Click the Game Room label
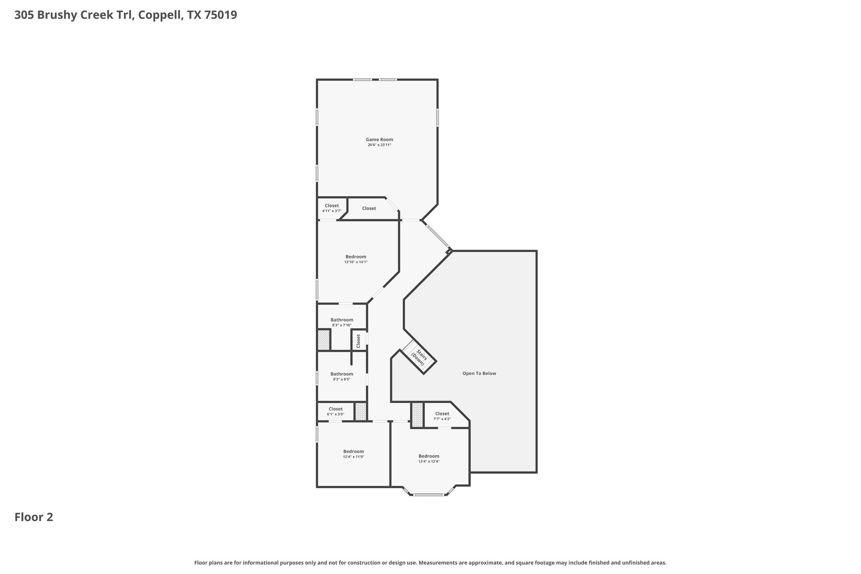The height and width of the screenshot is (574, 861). (379, 140)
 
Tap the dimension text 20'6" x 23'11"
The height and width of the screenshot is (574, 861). (379, 145)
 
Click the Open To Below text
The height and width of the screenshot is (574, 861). (479, 373)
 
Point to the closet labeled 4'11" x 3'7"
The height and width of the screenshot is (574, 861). (332, 208)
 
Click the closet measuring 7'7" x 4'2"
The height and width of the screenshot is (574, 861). (442, 416)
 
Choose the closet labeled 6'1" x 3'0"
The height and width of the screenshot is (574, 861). (335, 411)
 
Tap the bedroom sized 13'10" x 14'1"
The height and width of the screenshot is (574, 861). (356, 259)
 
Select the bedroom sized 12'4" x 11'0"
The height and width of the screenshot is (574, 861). (353, 454)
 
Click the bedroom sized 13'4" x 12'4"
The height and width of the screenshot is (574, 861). (429, 458)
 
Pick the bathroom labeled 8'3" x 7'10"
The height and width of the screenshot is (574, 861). (342, 322)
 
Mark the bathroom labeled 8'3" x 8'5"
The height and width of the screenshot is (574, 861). (342, 376)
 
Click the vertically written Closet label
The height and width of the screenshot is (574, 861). (359, 341)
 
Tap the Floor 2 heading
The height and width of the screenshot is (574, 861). (34, 517)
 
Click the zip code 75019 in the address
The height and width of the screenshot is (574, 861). (221, 15)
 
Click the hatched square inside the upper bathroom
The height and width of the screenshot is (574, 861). (324, 340)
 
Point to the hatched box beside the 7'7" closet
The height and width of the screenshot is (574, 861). (417, 415)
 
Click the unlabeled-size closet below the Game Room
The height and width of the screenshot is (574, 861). (369, 209)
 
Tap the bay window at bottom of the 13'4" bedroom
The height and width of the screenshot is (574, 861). (428, 495)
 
